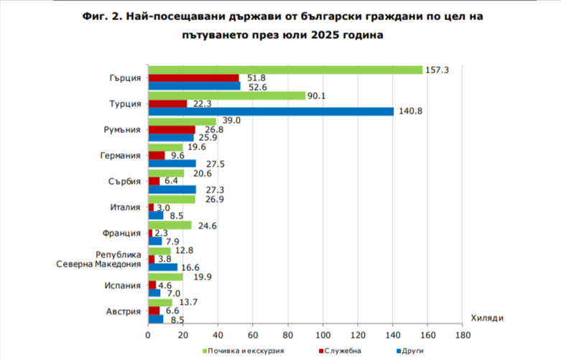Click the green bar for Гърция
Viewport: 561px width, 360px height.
coord(284,70)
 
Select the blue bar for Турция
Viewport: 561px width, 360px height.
coord(271,111)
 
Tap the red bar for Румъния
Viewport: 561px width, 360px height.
coord(171,129)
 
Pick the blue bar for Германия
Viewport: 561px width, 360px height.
coord(172,163)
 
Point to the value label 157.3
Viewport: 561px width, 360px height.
coord(437,70)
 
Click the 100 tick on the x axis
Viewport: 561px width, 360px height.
coord(323,335)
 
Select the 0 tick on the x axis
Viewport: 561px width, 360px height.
coord(148,335)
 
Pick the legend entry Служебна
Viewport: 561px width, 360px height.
coord(343,351)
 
